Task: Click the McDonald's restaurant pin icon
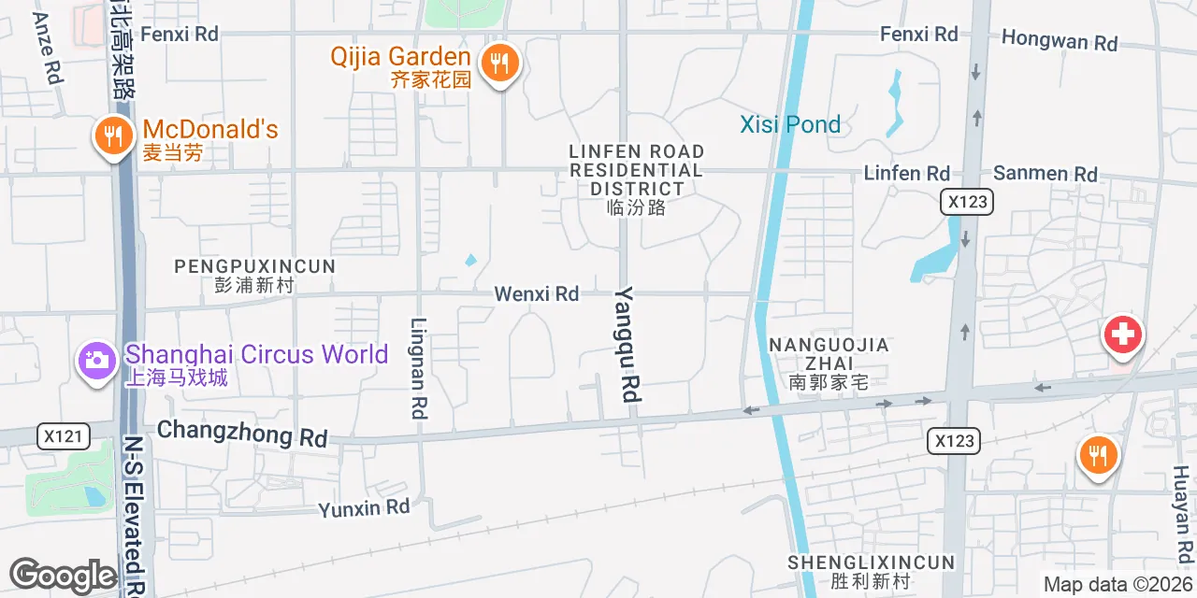tap(112, 137)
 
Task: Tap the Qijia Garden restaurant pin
tap(500, 64)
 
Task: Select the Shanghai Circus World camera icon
tap(96, 359)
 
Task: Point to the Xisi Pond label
tap(790, 124)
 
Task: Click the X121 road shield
tap(65, 435)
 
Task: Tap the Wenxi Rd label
tap(537, 293)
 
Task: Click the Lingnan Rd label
tap(419, 367)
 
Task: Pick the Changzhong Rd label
tap(242, 433)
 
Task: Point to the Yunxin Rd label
tap(364, 508)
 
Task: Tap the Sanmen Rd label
tap(1046, 174)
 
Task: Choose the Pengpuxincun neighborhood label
tap(254, 275)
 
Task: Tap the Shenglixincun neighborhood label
tap(871, 571)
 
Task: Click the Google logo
tap(63, 577)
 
